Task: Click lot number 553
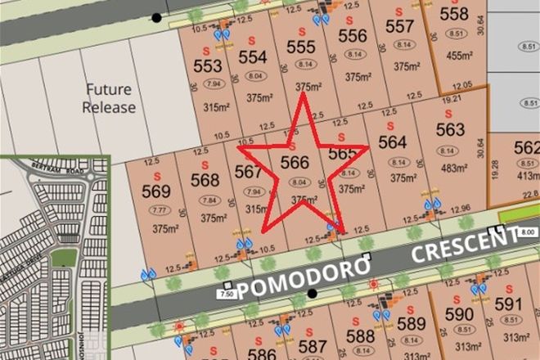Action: tap(208, 65)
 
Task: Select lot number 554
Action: tap(253, 56)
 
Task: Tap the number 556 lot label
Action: tap(352, 36)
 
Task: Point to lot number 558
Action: tap(454, 14)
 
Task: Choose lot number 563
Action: tap(450, 129)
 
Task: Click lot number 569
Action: tap(155, 191)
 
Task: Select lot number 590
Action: tap(459, 315)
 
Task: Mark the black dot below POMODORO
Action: tap(312, 293)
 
